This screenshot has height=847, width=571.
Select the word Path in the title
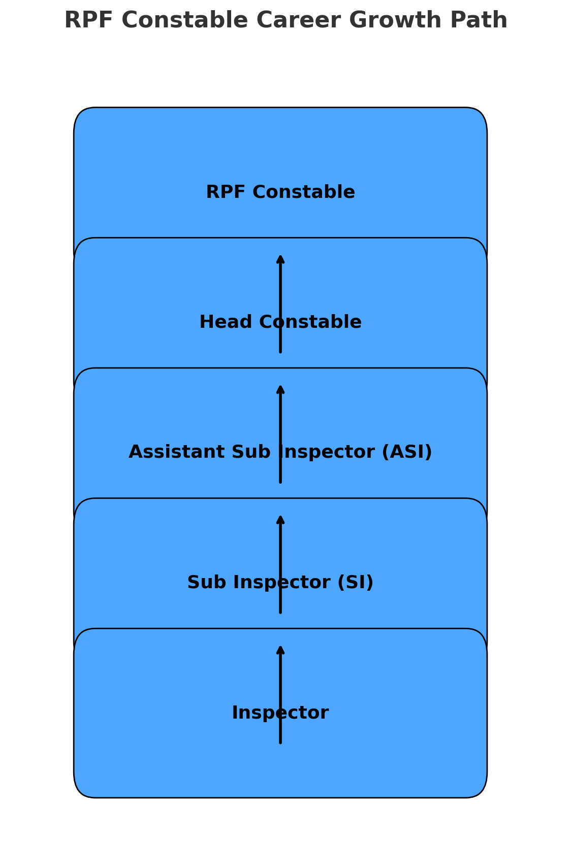click(x=479, y=21)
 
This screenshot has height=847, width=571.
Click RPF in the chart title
click(x=89, y=21)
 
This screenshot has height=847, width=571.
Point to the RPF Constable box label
click(x=280, y=192)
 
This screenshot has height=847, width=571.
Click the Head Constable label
click(x=280, y=322)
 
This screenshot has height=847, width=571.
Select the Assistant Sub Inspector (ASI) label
click(x=280, y=452)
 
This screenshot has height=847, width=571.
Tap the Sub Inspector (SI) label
click(x=280, y=583)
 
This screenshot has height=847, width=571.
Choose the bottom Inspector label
click(x=280, y=713)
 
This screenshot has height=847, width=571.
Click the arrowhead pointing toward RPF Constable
click(x=280, y=258)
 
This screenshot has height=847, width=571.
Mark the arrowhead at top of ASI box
click(x=280, y=389)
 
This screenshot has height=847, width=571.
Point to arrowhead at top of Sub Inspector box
click(x=280, y=519)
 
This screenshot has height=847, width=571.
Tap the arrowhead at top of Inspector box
click(x=280, y=649)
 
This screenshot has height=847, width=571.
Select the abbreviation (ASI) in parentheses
click(x=406, y=452)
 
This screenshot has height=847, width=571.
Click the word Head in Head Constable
click(x=226, y=322)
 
